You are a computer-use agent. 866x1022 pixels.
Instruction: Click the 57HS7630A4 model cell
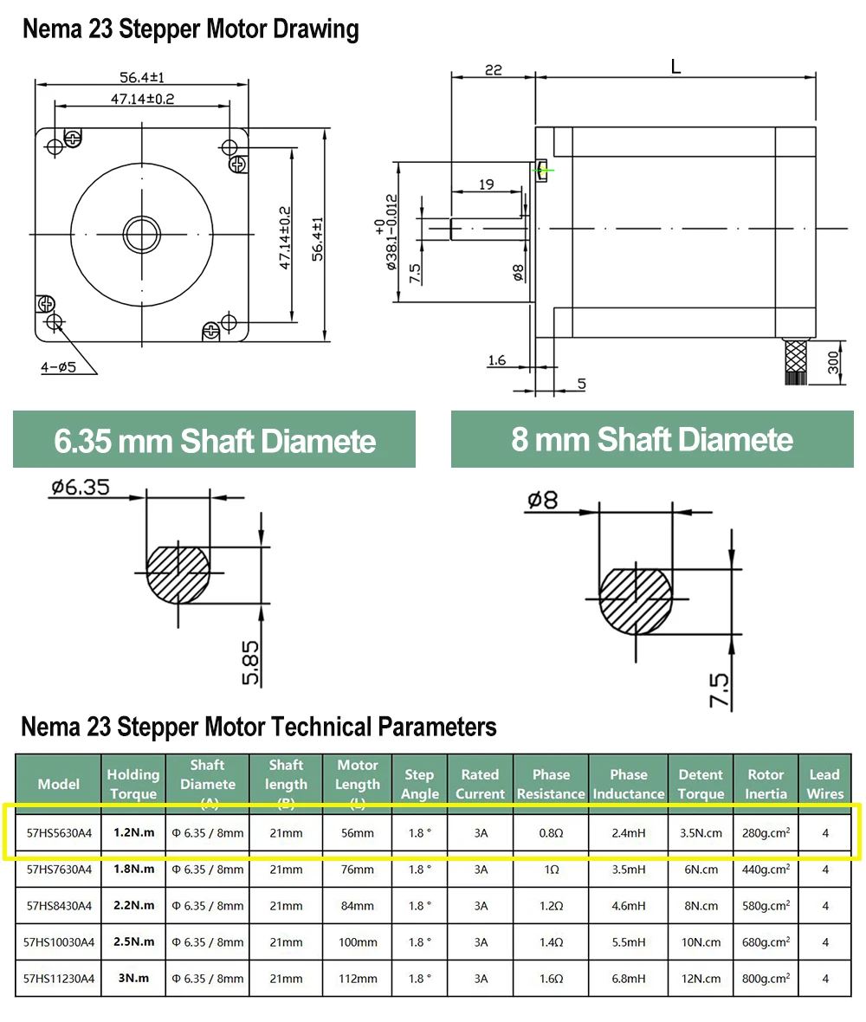(x=59, y=869)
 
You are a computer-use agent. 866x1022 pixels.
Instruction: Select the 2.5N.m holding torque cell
(x=133, y=941)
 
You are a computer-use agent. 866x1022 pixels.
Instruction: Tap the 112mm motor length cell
(x=358, y=979)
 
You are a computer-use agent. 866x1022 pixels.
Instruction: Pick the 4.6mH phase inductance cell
(x=628, y=906)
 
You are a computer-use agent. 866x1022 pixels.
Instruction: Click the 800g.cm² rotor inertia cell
(x=766, y=979)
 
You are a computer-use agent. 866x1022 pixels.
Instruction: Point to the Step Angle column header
(x=419, y=784)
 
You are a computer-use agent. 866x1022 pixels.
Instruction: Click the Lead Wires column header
(x=824, y=784)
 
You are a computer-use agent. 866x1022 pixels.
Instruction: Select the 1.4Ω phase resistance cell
(x=552, y=942)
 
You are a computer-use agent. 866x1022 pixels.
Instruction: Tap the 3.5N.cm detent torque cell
(x=701, y=833)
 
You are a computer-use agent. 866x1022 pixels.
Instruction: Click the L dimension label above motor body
(x=675, y=67)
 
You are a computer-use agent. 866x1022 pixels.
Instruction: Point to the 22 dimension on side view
(x=493, y=70)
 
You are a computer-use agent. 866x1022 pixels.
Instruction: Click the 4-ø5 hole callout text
(x=59, y=366)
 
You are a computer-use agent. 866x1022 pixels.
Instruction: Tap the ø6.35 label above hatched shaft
(x=80, y=487)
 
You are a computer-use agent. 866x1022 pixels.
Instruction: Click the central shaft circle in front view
(x=140, y=232)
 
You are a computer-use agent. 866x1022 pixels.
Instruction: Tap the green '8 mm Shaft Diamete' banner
(x=652, y=439)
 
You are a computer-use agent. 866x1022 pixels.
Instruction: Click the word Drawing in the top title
(x=316, y=29)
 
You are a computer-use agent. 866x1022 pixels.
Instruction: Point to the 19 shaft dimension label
(x=486, y=184)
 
